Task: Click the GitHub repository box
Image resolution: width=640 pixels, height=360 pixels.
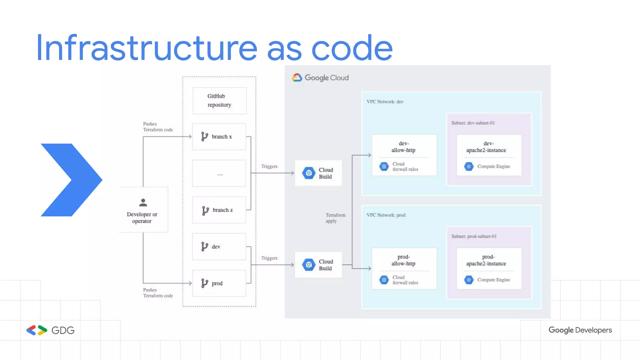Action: pyautogui.click(x=219, y=101)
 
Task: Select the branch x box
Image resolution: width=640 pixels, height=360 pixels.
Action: pyautogui.click(x=219, y=137)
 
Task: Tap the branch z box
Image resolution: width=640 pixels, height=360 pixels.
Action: pyautogui.click(x=219, y=210)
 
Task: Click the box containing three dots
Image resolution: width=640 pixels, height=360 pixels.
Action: pyautogui.click(x=219, y=173)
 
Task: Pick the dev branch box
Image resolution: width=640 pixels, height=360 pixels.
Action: pyautogui.click(x=219, y=247)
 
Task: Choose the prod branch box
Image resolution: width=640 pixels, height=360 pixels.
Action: pyautogui.click(x=219, y=283)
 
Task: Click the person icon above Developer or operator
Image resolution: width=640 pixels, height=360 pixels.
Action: pyautogui.click(x=143, y=202)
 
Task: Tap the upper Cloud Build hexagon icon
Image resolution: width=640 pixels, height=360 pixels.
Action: pyautogui.click(x=309, y=173)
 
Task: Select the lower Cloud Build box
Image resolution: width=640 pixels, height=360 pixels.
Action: pyautogui.click(x=318, y=265)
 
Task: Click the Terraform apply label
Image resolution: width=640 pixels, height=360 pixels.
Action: pyautogui.click(x=335, y=218)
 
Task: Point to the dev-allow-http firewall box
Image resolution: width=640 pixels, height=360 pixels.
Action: pyautogui.click(x=404, y=155)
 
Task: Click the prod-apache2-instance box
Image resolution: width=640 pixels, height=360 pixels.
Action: pyautogui.click(x=489, y=268)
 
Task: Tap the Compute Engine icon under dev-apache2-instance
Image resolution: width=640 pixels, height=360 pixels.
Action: pyautogui.click(x=469, y=166)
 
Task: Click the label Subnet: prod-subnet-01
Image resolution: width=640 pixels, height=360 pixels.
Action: pyautogui.click(x=474, y=236)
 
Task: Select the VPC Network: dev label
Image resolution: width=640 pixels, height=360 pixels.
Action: pyautogui.click(x=385, y=102)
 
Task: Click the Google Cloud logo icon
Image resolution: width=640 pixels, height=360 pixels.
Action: pyautogui.click(x=297, y=77)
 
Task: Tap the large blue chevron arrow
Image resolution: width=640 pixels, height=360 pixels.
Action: pyautogui.click(x=71, y=180)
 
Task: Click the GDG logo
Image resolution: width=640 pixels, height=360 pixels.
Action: pyautogui.click(x=50, y=330)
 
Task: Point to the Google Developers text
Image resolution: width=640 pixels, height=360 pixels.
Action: pyautogui.click(x=580, y=330)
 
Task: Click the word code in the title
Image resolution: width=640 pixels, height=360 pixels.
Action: pyautogui.click(x=352, y=48)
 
